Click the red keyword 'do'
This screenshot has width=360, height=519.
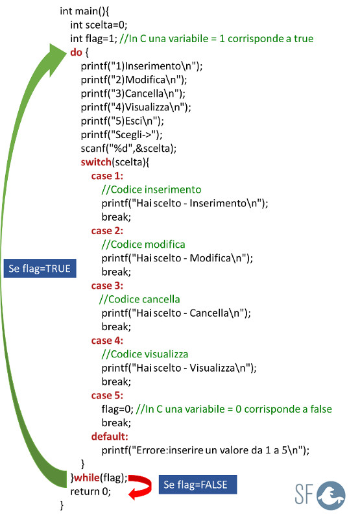[x=76, y=53]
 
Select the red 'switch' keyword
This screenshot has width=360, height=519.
[x=96, y=162]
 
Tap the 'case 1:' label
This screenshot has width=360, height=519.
[x=107, y=176]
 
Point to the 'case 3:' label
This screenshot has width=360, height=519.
[x=107, y=285]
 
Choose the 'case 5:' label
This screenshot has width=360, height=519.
[x=107, y=396]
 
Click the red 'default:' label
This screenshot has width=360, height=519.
[x=110, y=437]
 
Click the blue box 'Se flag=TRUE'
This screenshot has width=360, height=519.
[x=40, y=268]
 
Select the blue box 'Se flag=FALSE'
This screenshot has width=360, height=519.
[x=198, y=485]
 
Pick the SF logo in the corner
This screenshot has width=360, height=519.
[x=320, y=496]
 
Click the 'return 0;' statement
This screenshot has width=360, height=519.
[x=90, y=492]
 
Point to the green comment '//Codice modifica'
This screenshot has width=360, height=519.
[x=143, y=245]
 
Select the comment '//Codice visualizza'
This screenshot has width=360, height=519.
[x=145, y=354]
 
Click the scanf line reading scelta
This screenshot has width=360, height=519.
[x=128, y=149]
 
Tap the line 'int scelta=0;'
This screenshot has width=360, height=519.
[x=99, y=25]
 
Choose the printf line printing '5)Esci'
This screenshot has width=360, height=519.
[x=122, y=121]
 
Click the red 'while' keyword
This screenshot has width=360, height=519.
[x=87, y=477]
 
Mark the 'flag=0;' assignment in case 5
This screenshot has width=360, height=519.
[x=117, y=409]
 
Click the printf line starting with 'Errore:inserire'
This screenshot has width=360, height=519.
[x=206, y=450]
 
